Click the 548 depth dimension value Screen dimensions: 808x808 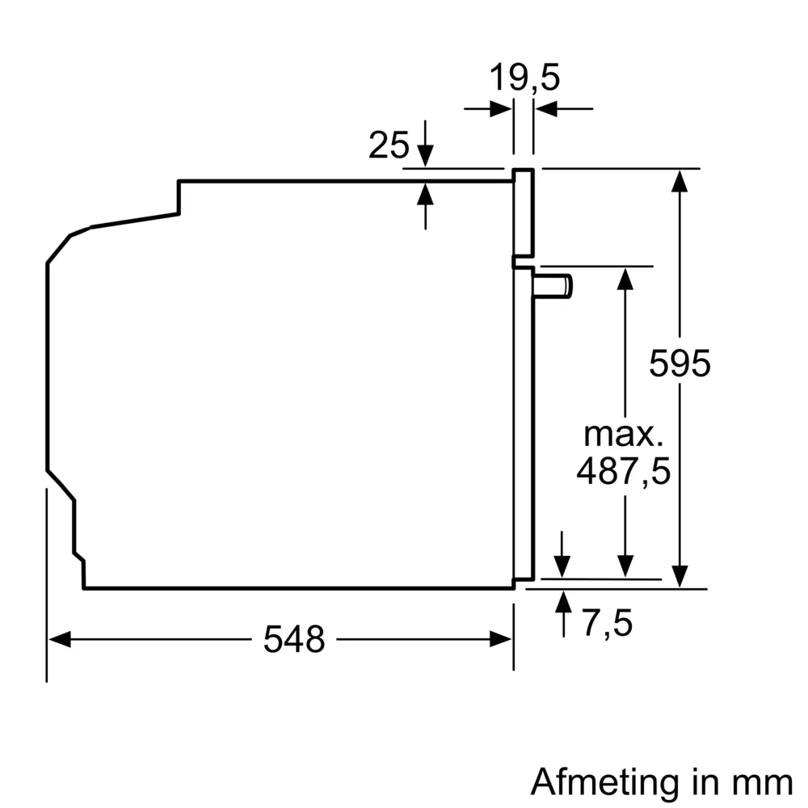pyautogui.click(x=293, y=640)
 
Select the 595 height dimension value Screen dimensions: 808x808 pyautogui.click(x=680, y=364)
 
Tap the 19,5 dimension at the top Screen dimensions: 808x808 pyautogui.click(x=524, y=78)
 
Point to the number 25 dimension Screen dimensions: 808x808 pyautogui.click(x=389, y=145)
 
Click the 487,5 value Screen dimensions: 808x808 pyautogui.click(x=623, y=472)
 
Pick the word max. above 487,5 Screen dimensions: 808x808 pyautogui.click(x=623, y=435)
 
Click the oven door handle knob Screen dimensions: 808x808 pyautogui.click(x=556, y=285)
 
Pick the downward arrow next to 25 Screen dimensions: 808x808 pyautogui.click(x=426, y=155)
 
